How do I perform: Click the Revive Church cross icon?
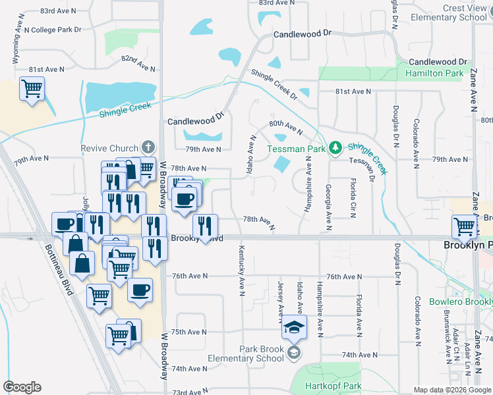point(149,147)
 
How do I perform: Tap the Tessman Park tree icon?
point(335,147)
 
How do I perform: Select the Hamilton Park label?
point(434,74)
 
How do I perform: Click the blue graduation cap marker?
point(293,327)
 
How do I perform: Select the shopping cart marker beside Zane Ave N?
point(465,226)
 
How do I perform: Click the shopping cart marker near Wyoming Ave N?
point(32,89)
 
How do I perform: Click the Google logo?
point(22,386)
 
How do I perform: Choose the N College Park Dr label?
point(53,30)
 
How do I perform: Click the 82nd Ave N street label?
point(138,63)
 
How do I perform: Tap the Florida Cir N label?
point(353,196)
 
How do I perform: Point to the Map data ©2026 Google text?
point(451,390)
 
